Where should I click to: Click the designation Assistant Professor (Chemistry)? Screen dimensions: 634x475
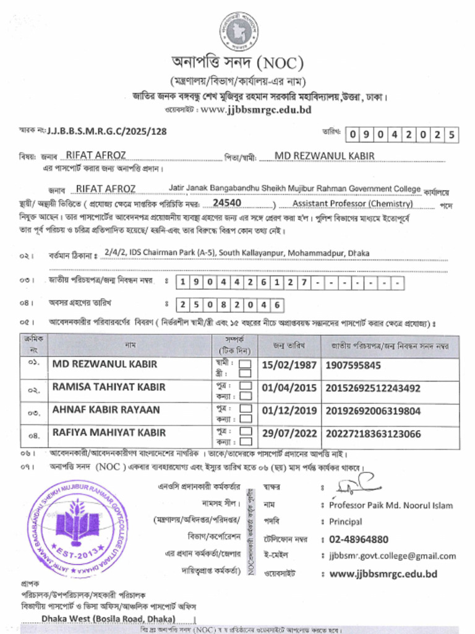pos(353,204)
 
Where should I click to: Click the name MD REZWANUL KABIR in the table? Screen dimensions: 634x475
pos(105,365)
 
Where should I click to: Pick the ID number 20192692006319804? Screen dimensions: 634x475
pos(372,410)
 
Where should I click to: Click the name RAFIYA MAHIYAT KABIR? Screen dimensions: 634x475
pos(109,432)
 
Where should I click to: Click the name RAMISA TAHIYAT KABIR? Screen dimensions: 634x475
pos(109,387)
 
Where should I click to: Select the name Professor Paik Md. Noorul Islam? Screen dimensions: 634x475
pos(390,505)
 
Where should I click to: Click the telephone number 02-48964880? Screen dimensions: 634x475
pos(359,539)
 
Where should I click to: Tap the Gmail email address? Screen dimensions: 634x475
pos(392,556)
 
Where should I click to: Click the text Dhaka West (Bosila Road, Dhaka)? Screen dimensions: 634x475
pos(108,619)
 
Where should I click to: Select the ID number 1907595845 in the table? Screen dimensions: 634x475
pos(353,365)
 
